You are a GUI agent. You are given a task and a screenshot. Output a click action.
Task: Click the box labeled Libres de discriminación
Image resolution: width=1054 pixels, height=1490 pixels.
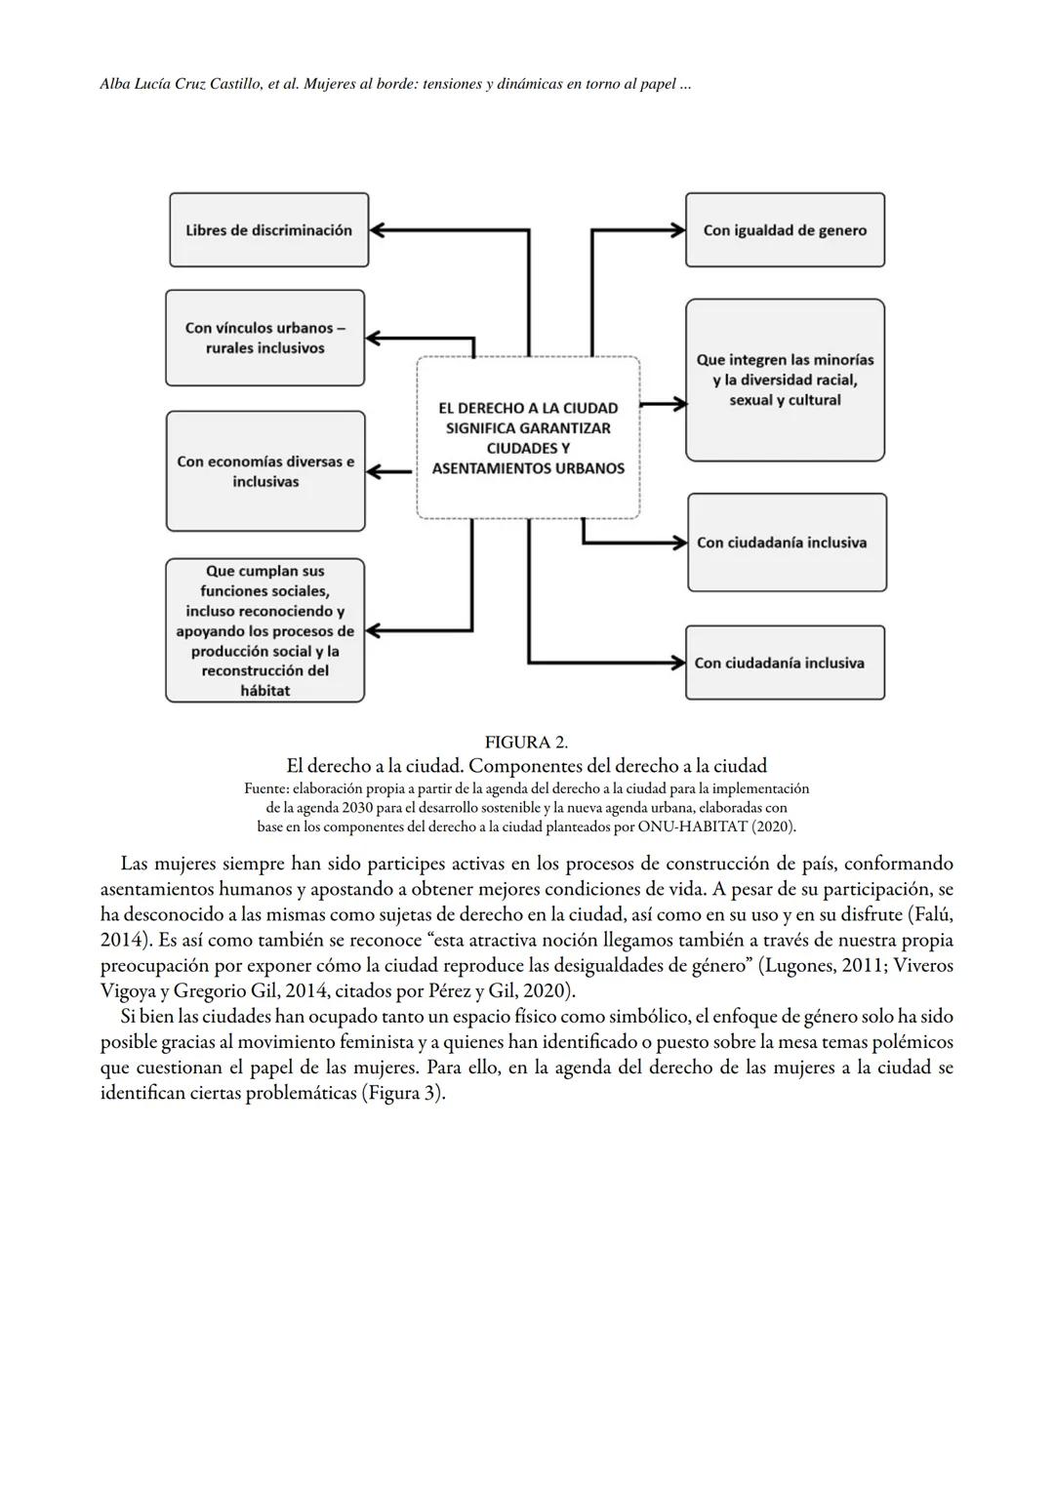(268, 230)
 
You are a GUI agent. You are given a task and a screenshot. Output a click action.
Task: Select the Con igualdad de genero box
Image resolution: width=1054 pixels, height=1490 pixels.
(785, 230)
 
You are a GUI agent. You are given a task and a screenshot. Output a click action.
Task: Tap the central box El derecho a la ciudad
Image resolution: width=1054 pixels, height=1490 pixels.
(528, 437)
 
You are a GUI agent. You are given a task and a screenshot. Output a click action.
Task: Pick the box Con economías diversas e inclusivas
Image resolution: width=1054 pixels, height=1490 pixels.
(265, 471)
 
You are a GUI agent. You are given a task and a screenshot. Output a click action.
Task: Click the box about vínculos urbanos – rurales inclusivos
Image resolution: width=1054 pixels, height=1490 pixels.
(264, 338)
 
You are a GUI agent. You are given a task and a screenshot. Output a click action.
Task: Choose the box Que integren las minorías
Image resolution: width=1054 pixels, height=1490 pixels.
(785, 380)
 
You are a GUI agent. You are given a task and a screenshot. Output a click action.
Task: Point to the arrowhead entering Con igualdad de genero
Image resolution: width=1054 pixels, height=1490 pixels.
(676, 230)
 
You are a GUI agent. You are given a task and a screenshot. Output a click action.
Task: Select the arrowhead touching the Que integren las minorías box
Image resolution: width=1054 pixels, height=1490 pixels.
(677, 404)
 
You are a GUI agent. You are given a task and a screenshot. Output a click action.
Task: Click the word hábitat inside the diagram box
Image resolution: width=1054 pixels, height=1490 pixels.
(265, 691)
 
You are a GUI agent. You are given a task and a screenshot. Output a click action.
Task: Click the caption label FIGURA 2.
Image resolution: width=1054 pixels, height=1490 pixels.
(526, 743)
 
